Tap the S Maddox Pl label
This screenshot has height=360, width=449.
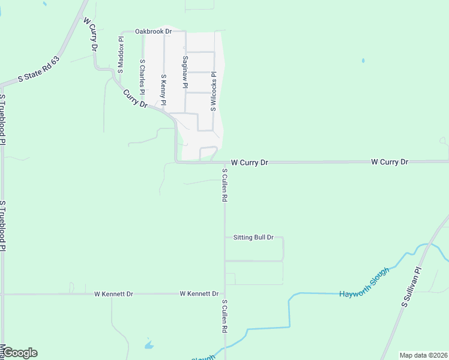(x=121, y=55)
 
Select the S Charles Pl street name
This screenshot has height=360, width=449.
(x=142, y=76)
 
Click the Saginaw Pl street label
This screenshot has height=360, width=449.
(x=185, y=73)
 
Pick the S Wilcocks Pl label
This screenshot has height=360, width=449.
(x=212, y=92)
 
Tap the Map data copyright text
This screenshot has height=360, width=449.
(x=423, y=355)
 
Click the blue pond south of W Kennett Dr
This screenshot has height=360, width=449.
(x=149, y=346)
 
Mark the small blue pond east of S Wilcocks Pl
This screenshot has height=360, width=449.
(x=363, y=61)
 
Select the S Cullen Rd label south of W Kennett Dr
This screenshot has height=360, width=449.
(x=224, y=316)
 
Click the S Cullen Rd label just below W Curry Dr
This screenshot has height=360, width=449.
(x=224, y=185)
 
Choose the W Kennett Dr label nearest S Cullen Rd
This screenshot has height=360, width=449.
(x=199, y=294)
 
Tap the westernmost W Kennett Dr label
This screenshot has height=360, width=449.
(x=113, y=294)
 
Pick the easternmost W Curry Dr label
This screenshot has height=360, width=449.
(x=390, y=162)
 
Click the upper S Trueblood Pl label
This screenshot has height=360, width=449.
(x=3, y=119)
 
